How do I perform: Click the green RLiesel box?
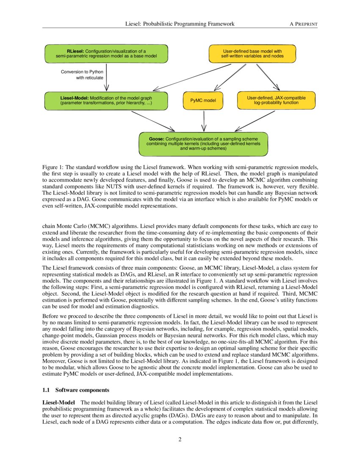point(106,53)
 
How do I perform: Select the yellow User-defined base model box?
point(252,53)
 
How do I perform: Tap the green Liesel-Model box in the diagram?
point(106,100)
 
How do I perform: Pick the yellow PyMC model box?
point(203,101)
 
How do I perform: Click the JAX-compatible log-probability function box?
point(276,100)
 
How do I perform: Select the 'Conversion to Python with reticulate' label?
point(82,75)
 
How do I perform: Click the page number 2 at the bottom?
point(180,439)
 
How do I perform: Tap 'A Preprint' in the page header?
point(303,24)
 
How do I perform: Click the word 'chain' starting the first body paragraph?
point(49,226)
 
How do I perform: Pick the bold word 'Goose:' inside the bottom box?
point(157,139)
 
